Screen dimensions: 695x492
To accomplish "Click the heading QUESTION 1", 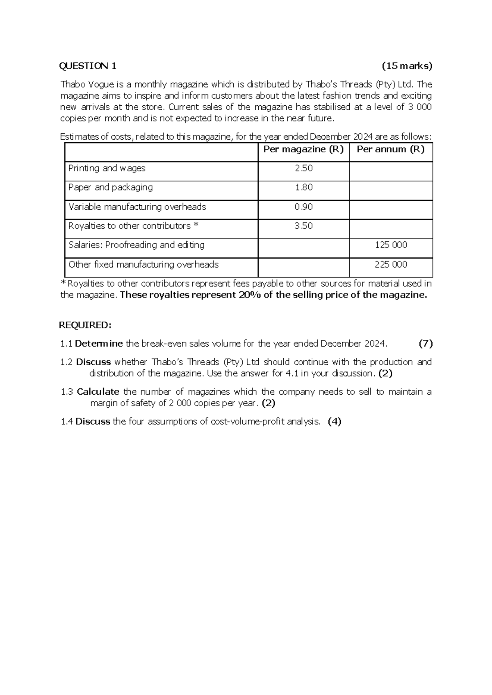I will click(88, 66).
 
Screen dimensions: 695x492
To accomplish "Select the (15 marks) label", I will click(407, 66).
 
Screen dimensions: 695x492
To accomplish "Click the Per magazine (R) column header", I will click(303, 149).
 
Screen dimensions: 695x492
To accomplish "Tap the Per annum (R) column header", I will click(390, 149).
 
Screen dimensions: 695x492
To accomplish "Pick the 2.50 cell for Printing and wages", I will click(303, 168).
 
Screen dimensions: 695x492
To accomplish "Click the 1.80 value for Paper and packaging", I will click(303, 187).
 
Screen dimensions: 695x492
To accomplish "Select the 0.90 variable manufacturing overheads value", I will click(303, 207).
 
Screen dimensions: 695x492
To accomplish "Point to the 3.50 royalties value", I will click(303, 226).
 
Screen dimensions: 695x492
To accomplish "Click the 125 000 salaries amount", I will click(391, 245).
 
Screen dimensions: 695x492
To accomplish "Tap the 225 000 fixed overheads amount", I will click(391, 264).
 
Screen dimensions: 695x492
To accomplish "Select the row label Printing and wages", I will click(107, 168).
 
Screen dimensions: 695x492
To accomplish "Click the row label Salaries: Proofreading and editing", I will click(136, 245).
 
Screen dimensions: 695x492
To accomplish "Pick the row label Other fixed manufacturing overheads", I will click(143, 264).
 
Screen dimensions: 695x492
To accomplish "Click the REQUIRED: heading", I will click(85, 325).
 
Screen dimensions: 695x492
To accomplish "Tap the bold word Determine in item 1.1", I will click(99, 343).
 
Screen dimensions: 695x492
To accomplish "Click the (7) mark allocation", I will click(425, 343).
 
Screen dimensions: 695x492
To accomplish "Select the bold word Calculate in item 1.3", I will click(98, 392).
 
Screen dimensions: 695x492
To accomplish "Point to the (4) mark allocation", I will click(335, 421).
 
